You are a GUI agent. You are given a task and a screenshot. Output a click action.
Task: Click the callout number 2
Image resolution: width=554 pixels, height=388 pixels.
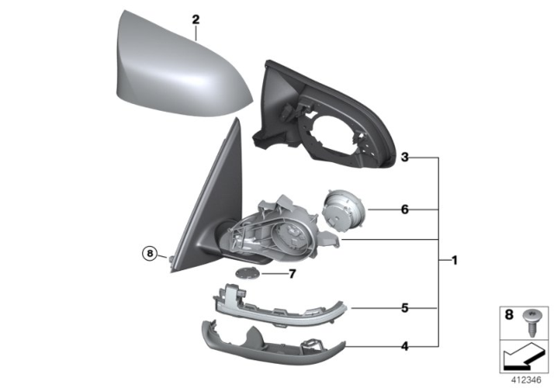(x=196, y=19)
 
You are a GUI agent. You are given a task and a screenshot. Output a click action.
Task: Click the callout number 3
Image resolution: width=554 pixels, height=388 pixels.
(x=404, y=158)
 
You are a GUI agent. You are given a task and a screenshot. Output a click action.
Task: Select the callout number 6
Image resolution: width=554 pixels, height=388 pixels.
(x=404, y=209)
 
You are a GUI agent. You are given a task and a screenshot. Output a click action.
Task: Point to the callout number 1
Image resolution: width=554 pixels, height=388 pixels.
(x=454, y=260)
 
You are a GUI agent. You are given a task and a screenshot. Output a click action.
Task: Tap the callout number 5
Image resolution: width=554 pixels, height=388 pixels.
(x=404, y=307)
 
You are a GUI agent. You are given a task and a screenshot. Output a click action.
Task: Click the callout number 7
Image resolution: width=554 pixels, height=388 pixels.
(x=293, y=275)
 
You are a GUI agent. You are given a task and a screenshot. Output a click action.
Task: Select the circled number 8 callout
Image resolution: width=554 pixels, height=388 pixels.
(x=151, y=254)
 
